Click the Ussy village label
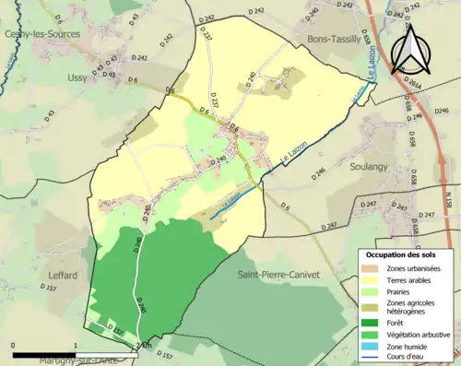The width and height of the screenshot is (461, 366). pos(77,77)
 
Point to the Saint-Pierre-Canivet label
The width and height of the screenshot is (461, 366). pos(278,274)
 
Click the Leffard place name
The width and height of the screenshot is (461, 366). pos(60,275)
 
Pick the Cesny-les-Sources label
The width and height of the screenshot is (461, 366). pos(42,33)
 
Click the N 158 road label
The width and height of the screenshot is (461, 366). pos(449,198)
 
